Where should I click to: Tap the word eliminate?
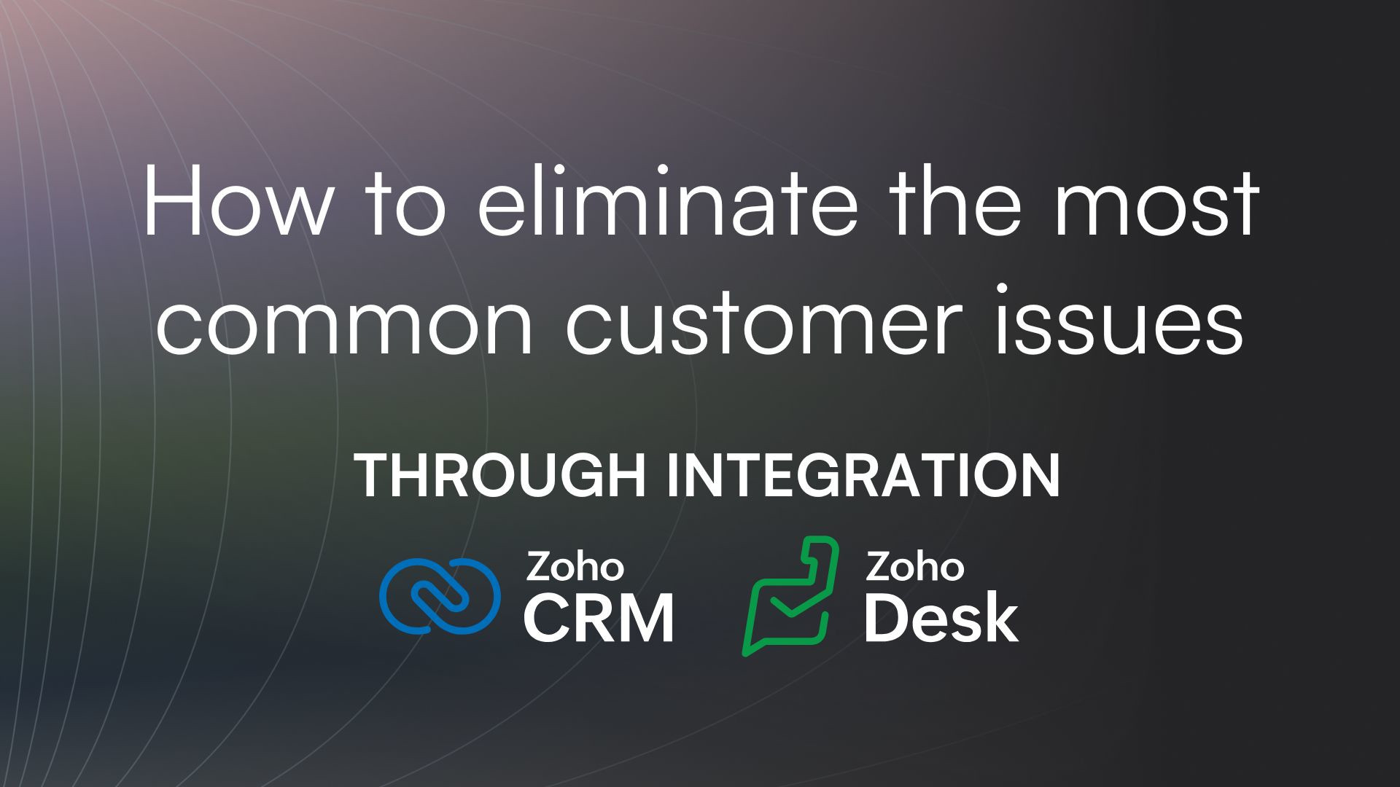point(667,201)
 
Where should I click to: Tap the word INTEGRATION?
point(864,475)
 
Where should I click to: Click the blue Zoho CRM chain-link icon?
point(440,595)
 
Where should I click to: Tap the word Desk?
point(941,619)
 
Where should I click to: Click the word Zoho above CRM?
point(574,567)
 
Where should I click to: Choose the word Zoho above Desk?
point(914,567)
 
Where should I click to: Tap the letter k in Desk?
point(1002,619)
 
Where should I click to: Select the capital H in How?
point(171,201)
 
